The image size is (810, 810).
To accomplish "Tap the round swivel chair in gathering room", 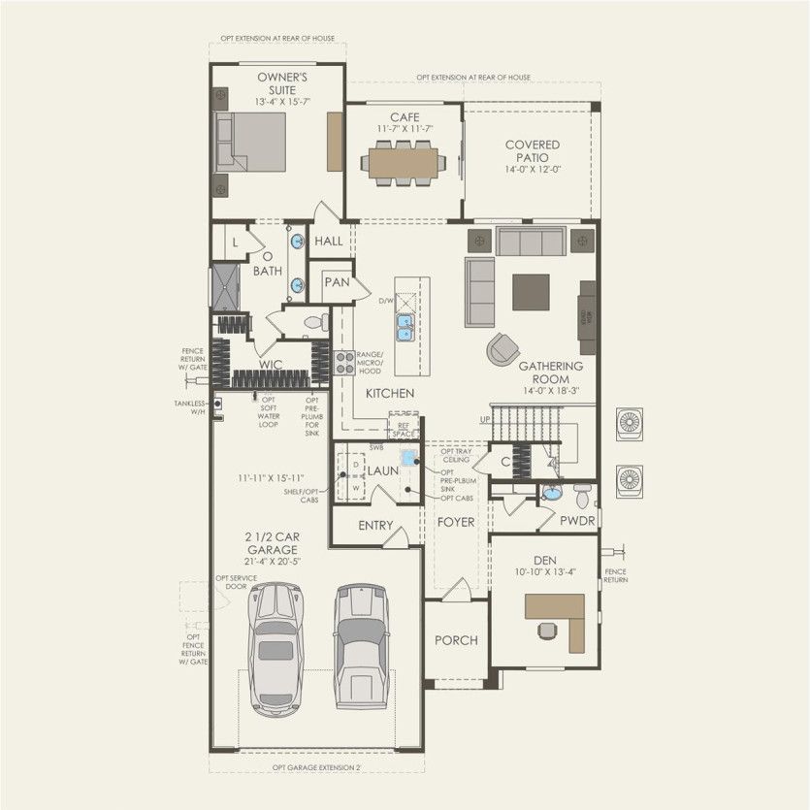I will click(502, 349).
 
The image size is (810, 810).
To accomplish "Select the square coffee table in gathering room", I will click(531, 292).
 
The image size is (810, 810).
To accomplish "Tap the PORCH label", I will click(455, 640).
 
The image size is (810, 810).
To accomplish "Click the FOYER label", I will click(455, 522).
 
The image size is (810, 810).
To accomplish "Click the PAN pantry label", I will click(337, 282).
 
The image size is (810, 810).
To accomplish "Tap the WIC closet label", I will click(271, 366).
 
